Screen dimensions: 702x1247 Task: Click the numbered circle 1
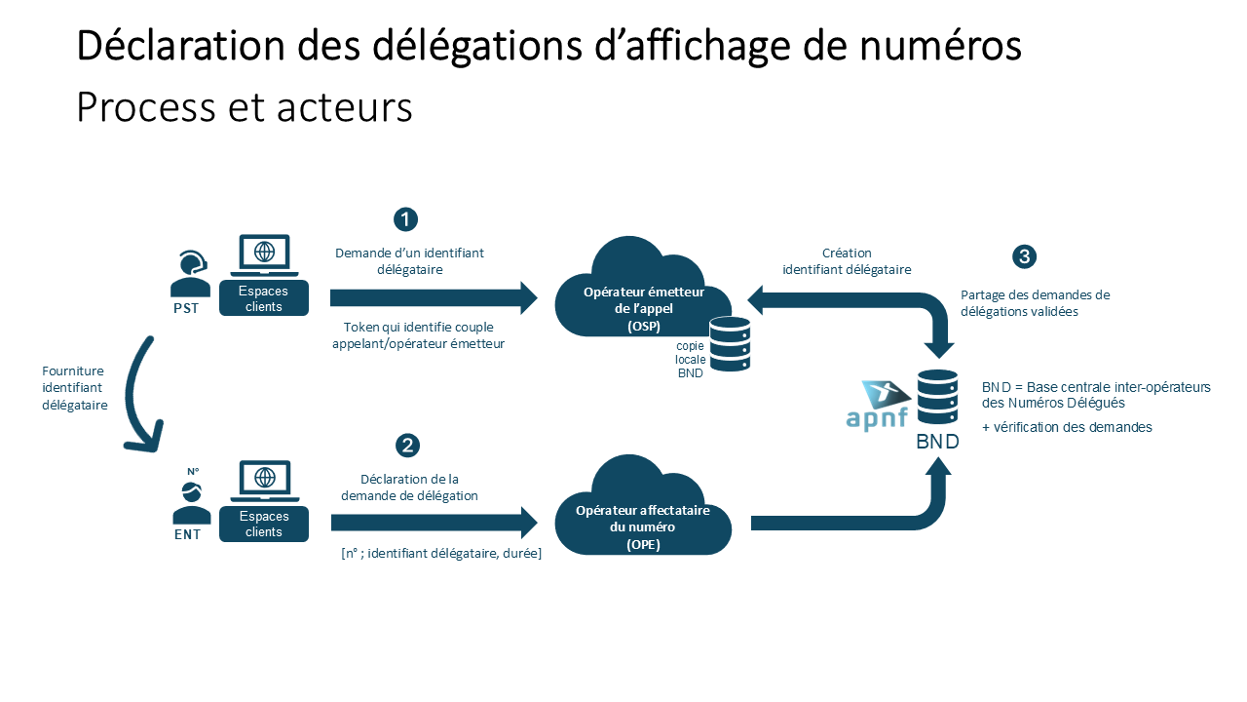[x=405, y=218]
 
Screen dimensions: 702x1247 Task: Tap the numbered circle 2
[x=407, y=446]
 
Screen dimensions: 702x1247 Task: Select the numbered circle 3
[x=1024, y=256]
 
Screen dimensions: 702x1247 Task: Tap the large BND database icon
[x=937, y=399]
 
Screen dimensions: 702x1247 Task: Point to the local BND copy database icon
[x=730, y=344]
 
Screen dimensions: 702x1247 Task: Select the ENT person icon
[x=191, y=503]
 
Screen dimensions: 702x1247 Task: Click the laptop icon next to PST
[x=264, y=255]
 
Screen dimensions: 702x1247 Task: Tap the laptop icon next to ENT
[x=264, y=482]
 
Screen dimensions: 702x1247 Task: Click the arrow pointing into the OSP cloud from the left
[x=434, y=297]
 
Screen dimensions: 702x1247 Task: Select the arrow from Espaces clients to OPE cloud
[x=434, y=523]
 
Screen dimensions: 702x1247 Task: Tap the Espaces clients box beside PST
[x=264, y=299]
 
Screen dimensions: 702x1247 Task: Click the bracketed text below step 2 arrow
[x=440, y=554]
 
